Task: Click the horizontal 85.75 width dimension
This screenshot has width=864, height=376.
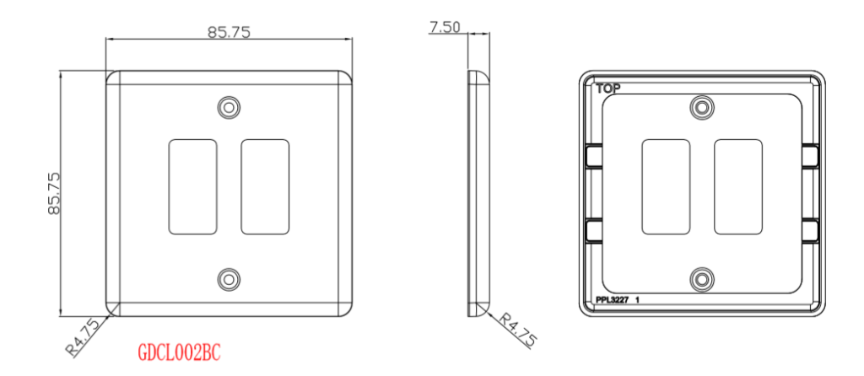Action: pos(229,32)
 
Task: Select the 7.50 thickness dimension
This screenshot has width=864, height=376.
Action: pos(445,27)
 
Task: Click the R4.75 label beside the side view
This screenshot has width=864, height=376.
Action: pos(516,330)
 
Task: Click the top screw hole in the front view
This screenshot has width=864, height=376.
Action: pos(229,107)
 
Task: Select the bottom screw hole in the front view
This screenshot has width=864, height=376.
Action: pos(229,279)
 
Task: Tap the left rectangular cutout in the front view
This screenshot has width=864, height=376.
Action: pos(193,187)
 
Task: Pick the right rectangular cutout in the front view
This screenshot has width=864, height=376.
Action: pos(265,187)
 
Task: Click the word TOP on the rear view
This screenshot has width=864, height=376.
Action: pos(608,88)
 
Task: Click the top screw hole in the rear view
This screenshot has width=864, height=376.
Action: pos(701,107)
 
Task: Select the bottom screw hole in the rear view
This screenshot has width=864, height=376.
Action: pos(701,279)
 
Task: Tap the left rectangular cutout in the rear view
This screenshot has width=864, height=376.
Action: pos(666,187)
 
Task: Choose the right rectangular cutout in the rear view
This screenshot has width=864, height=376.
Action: pos(737,187)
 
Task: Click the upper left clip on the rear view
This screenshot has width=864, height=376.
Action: pos(592,156)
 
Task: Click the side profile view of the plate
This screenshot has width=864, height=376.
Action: pos(478,194)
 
